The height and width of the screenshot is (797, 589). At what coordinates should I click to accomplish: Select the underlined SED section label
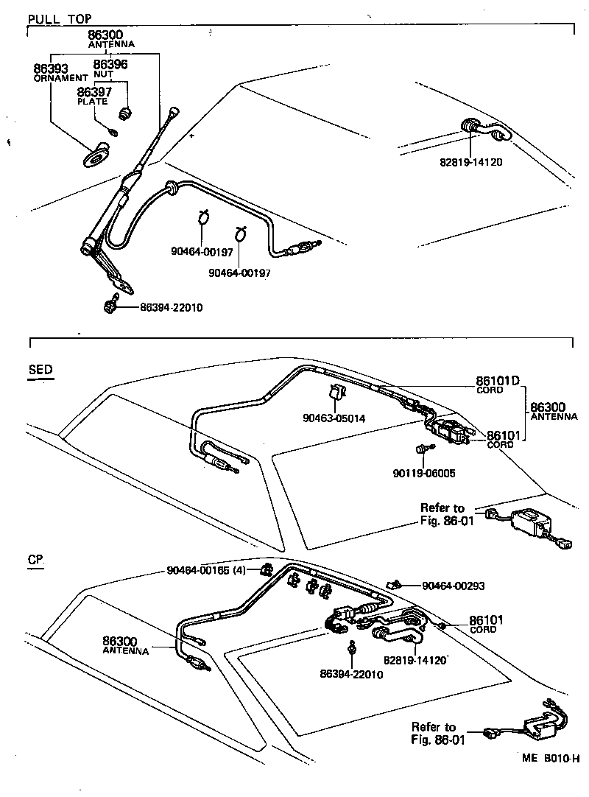(40, 370)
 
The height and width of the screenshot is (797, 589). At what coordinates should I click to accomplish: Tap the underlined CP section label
(35, 560)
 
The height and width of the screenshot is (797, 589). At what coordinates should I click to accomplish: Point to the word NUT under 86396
(103, 74)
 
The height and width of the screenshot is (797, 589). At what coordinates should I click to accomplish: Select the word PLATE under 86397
(93, 102)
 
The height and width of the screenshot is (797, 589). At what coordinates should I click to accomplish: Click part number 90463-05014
(334, 418)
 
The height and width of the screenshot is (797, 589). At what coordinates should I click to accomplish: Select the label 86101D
(498, 381)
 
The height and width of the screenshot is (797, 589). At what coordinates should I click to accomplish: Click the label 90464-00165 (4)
(206, 570)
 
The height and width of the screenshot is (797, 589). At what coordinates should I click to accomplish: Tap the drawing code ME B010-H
(551, 759)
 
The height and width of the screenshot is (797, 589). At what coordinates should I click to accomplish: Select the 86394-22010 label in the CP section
(352, 673)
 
